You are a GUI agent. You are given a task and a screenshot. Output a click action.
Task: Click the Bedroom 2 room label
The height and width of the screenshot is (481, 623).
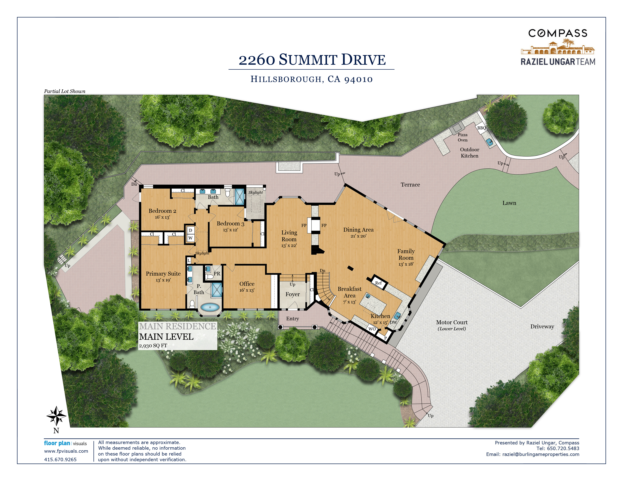pos(162,211)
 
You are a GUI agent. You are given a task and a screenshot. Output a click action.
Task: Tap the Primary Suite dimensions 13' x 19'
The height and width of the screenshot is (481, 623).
pos(163,280)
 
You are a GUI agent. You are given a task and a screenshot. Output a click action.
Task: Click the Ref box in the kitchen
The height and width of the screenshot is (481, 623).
pos(379,283)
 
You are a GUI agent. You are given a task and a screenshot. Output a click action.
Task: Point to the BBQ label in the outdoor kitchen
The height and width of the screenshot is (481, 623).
pos(482,128)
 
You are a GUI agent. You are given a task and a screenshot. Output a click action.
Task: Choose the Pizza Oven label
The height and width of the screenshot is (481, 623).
pos(463,137)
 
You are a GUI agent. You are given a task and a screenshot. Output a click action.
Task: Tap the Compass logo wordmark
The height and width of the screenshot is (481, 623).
pos(558,33)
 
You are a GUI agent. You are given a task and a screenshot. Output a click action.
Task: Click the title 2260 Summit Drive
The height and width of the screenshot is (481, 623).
pos(312,60)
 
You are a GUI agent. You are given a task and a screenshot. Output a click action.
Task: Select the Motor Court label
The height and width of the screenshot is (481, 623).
pos(452,322)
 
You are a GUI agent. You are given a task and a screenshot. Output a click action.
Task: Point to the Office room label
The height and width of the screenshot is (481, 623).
pos(247,284)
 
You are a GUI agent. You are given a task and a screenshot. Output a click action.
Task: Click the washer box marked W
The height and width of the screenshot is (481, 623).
pos(190,238)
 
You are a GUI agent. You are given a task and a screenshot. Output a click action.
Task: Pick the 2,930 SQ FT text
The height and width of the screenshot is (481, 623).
pos(153,346)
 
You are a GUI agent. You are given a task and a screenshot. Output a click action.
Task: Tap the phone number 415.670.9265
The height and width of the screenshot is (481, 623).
pos(60,459)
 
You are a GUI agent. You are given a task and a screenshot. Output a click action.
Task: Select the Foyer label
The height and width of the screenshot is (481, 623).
pos(293,294)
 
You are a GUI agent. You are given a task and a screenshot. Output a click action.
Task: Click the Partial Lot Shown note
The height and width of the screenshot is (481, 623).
pos(65,91)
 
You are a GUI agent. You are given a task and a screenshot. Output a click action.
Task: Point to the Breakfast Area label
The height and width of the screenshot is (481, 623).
pos(349,292)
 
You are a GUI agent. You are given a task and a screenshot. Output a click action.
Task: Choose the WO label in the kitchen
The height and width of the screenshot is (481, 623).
pos(372,329)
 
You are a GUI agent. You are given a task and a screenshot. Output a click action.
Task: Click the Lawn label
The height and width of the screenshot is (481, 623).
pos(509,203)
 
